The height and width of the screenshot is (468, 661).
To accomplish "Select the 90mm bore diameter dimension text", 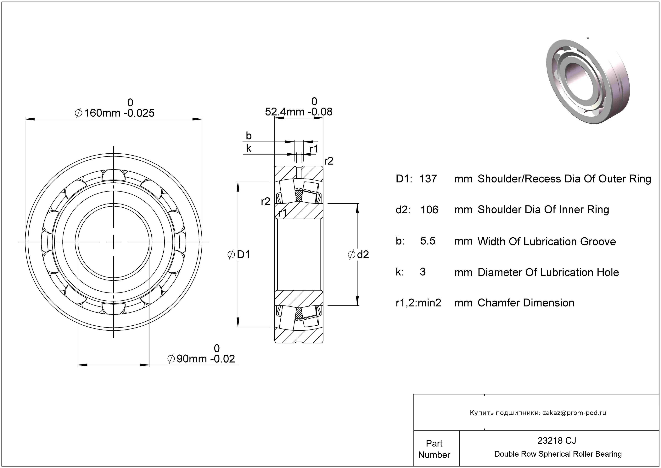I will click(x=201, y=358).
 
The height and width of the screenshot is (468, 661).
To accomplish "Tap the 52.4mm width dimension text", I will click(x=299, y=112).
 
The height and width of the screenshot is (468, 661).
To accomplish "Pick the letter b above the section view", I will click(x=249, y=136).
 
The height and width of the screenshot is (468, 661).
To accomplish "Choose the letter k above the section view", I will click(x=249, y=149).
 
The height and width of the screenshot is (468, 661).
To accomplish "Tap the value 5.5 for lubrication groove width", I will click(x=428, y=241).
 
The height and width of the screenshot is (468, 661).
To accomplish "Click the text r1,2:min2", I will click(x=418, y=303).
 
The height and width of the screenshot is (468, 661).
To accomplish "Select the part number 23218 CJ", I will click(x=557, y=440).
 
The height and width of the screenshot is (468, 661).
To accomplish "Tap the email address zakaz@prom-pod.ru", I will click(x=574, y=413).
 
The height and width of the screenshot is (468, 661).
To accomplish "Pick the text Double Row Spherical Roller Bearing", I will click(x=558, y=454).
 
